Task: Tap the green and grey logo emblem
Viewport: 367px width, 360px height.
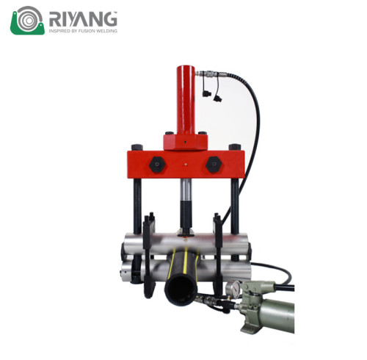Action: [x=27, y=20]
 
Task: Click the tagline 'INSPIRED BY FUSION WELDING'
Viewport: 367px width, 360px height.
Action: [x=82, y=32]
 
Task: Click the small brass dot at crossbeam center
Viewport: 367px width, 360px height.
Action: [x=185, y=164]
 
